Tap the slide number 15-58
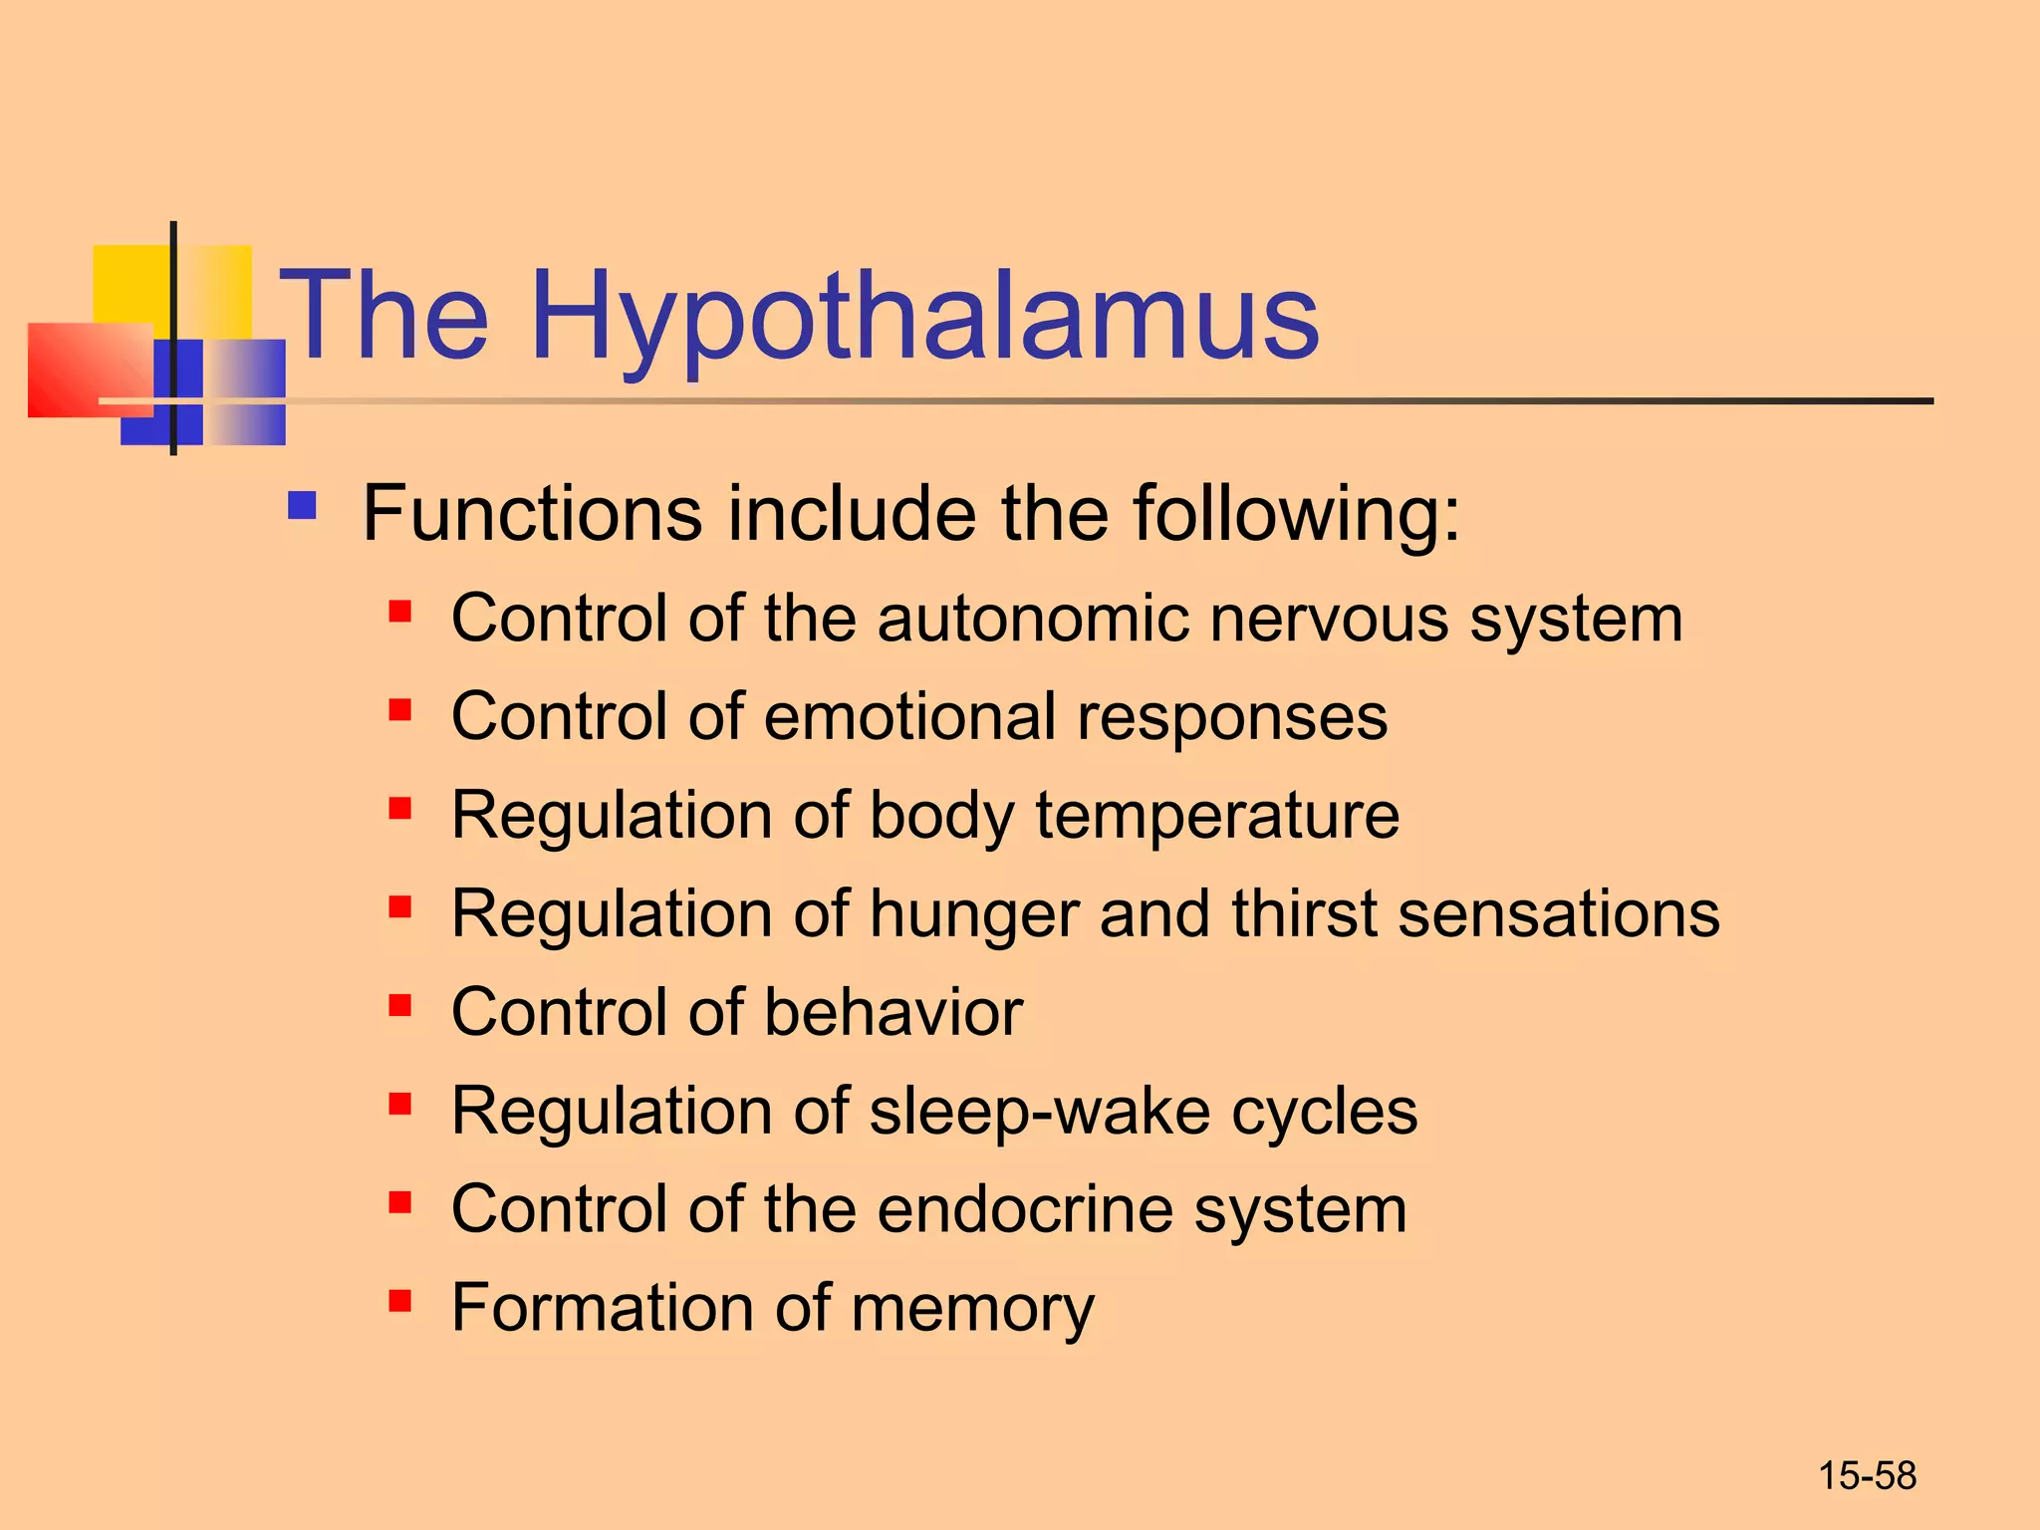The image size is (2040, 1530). pyautogui.click(x=1867, y=1476)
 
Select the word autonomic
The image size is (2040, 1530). pyautogui.click(x=1033, y=619)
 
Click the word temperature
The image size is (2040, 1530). pyautogui.click(x=1217, y=815)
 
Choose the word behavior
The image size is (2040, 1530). pyautogui.click(x=893, y=1012)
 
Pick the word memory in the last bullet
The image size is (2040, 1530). pyautogui.click(x=972, y=1308)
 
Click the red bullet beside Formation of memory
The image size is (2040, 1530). pyautogui.click(x=400, y=1301)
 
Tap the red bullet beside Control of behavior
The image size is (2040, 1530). pyautogui.click(x=400, y=1005)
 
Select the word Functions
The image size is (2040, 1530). pyautogui.click(x=532, y=514)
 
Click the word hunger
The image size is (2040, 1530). pyautogui.click(x=974, y=915)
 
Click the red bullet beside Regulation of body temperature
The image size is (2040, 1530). pyautogui.click(x=400, y=808)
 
